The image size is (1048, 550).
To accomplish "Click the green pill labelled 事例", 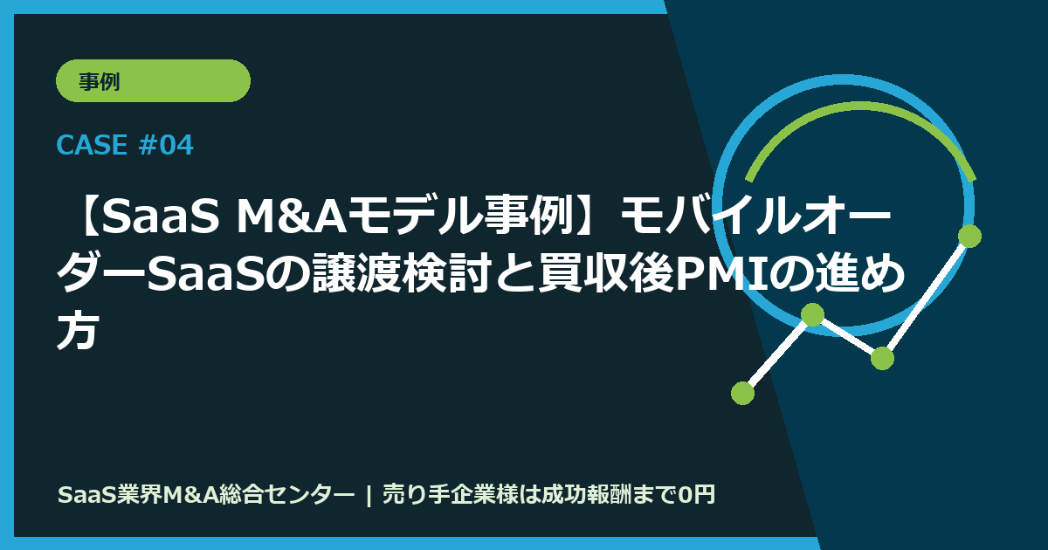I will click(153, 81).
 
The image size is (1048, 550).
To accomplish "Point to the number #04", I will click(166, 146).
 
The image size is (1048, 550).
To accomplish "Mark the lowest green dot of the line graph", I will click(742, 393).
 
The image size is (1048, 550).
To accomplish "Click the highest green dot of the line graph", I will click(969, 236).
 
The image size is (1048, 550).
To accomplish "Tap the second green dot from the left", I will click(812, 314).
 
